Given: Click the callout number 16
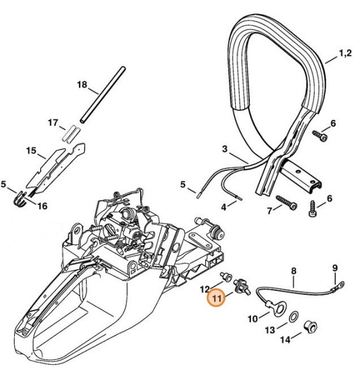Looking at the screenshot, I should coord(42,205).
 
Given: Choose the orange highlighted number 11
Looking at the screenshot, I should coord(218,297).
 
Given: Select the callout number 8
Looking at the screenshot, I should coord(293,270).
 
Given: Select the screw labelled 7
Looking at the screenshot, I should coord(289,207).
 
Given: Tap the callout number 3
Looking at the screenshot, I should coord(224,149).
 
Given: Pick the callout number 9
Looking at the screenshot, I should coord(335,267).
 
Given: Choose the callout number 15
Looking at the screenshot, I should coord(31,151).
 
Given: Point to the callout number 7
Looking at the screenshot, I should coord(269,211).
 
